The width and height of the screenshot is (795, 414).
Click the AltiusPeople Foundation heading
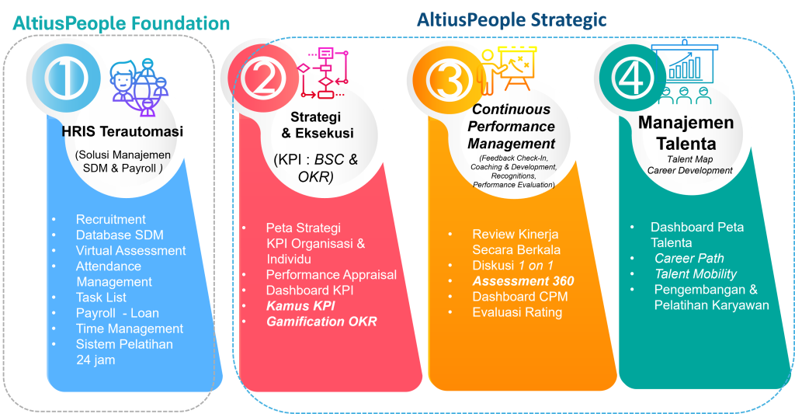tap(121, 23)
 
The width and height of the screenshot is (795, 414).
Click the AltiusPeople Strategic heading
tap(512, 19)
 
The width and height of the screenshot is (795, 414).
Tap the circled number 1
tap(65, 76)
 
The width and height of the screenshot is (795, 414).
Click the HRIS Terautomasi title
tap(123, 132)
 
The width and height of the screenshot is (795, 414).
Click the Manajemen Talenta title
tap(686, 134)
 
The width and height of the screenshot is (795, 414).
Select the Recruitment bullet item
tap(111, 220)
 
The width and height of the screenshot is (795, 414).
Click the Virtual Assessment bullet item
tap(130, 251)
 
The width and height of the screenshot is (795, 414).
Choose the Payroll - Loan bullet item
tap(117, 313)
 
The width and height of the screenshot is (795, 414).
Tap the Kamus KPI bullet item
tap(300, 305)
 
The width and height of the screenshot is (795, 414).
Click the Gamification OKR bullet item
tap(321, 321)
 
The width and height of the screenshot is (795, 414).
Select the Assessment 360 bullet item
tap(523, 281)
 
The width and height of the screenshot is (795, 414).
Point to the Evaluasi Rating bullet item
tap(517, 312)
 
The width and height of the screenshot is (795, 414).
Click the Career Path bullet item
tap(689, 258)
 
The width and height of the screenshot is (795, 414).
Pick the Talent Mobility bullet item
tap(696, 273)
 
